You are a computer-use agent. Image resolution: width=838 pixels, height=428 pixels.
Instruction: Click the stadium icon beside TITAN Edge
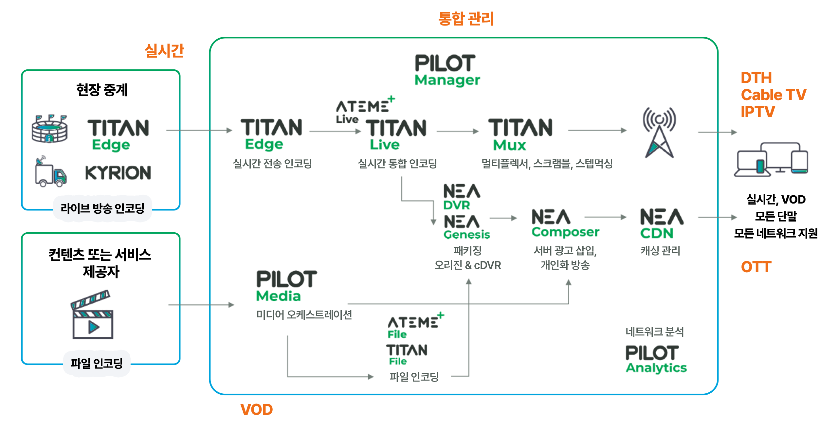[x=50, y=129]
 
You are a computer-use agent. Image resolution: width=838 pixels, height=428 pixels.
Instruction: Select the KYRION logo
[x=118, y=172]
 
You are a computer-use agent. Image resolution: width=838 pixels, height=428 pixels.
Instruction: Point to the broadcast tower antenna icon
[x=659, y=132]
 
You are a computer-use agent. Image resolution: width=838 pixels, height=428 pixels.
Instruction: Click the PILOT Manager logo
[x=447, y=71]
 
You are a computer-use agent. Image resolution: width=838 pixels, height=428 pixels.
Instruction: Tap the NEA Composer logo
[x=565, y=223]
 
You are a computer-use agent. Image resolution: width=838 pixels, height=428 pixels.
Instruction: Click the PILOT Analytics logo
[x=656, y=359]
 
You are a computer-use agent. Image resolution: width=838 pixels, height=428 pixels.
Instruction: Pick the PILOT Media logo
[x=286, y=286]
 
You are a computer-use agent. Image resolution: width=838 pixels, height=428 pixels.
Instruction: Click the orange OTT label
[x=756, y=267]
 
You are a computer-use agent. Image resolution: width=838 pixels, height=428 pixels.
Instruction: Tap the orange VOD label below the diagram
[x=256, y=409]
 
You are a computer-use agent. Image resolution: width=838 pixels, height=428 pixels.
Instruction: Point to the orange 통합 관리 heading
[x=466, y=19]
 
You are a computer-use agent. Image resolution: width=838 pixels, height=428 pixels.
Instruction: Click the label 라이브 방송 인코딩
[x=102, y=208]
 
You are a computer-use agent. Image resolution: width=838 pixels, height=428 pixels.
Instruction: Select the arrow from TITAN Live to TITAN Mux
[x=458, y=132]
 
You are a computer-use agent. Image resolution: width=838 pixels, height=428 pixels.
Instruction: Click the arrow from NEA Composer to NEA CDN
[x=605, y=217]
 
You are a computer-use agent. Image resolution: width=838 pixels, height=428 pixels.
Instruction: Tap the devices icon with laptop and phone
[x=771, y=159]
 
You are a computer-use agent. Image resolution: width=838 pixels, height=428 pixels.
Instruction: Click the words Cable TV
[x=774, y=95]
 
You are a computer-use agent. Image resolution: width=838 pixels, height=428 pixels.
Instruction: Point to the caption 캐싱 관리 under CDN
[x=660, y=251]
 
